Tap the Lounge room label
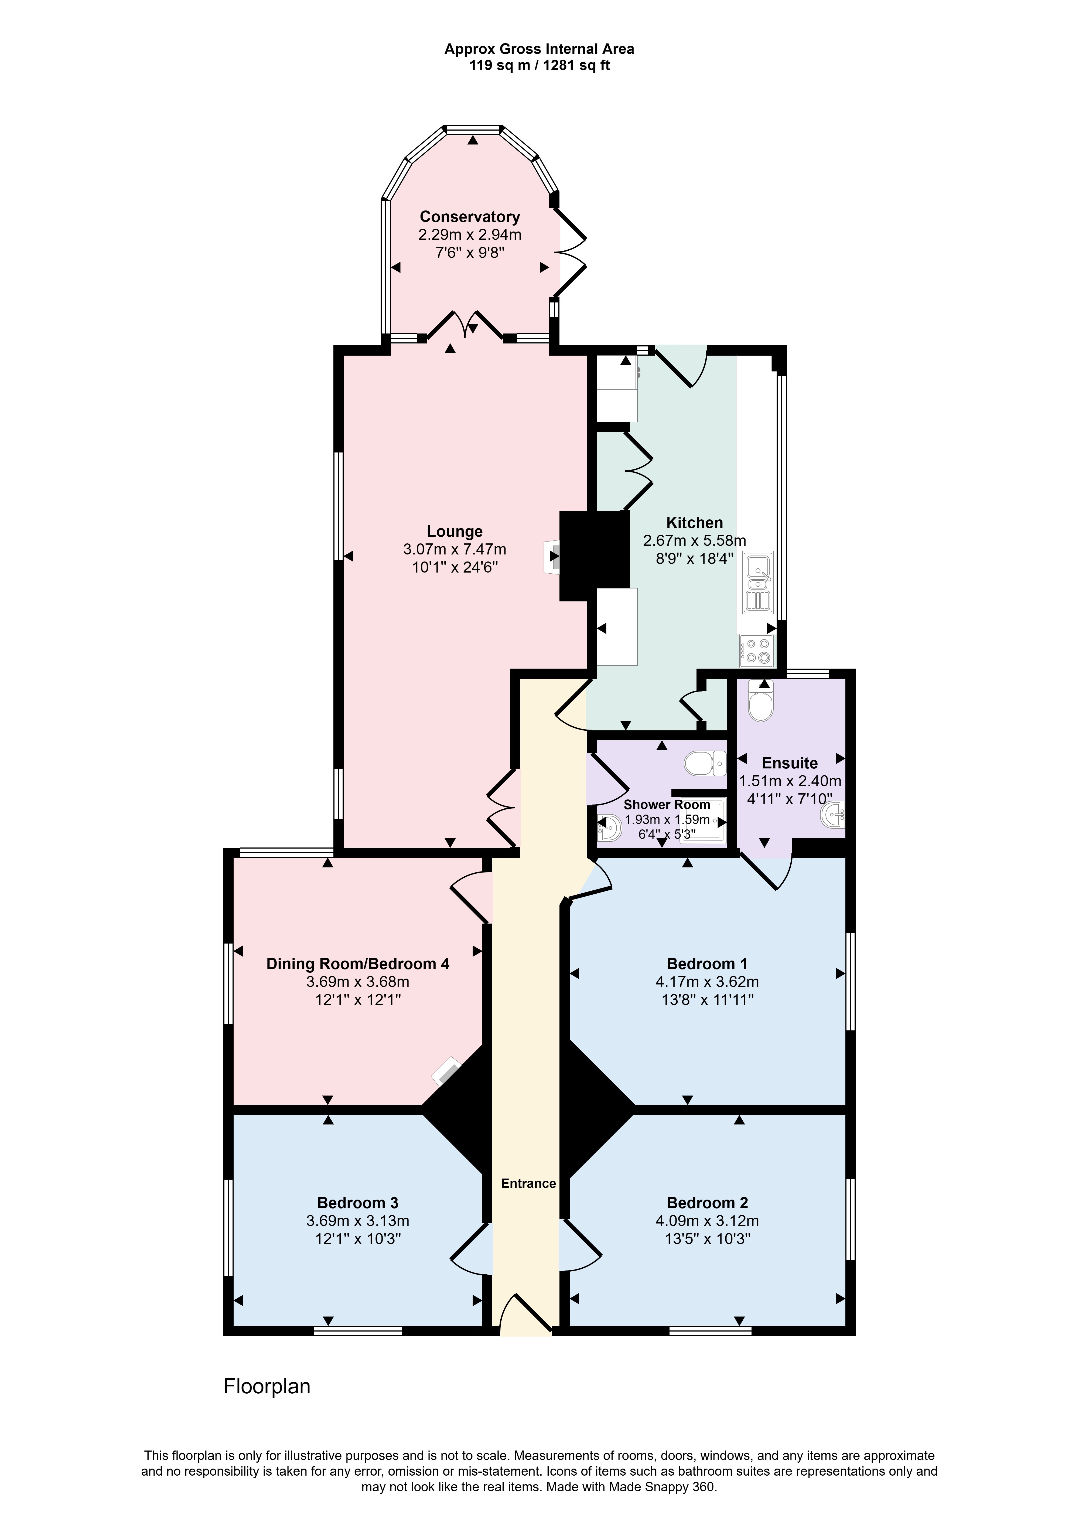[455, 532]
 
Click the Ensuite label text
[789, 763]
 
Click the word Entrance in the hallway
[528, 1183]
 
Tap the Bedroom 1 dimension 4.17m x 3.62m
[707, 981]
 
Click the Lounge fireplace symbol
[552, 556]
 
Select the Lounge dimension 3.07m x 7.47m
[455, 550]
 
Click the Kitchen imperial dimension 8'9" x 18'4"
[694, 558]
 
